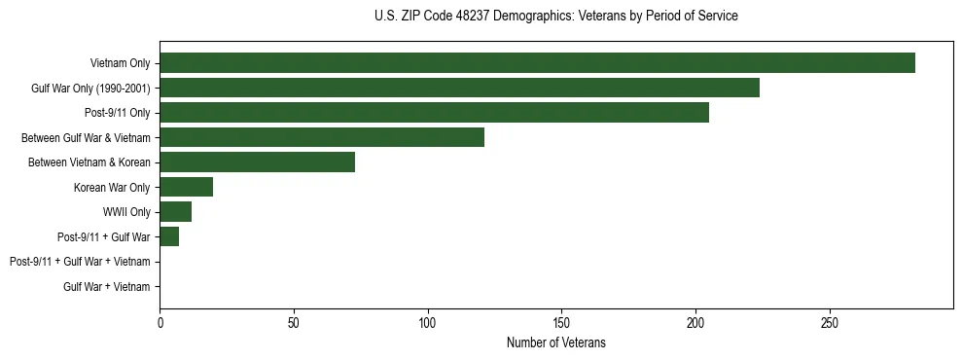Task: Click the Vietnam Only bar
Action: [537, 63]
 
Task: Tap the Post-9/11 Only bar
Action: [434, 113]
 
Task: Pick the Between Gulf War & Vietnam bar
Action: [322, 137]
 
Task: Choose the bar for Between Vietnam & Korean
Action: [257, 162]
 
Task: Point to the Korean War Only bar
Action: [186, 187]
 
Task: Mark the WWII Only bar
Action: [175, 212]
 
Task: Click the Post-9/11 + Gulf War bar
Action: [169, 236]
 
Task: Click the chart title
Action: [555, 17]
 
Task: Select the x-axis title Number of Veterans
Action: [555, 342]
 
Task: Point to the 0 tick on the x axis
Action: [160, 322]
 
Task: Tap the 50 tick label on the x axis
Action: [294, 322]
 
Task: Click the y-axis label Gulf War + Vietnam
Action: [106, 286]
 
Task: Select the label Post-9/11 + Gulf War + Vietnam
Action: [80, 262]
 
